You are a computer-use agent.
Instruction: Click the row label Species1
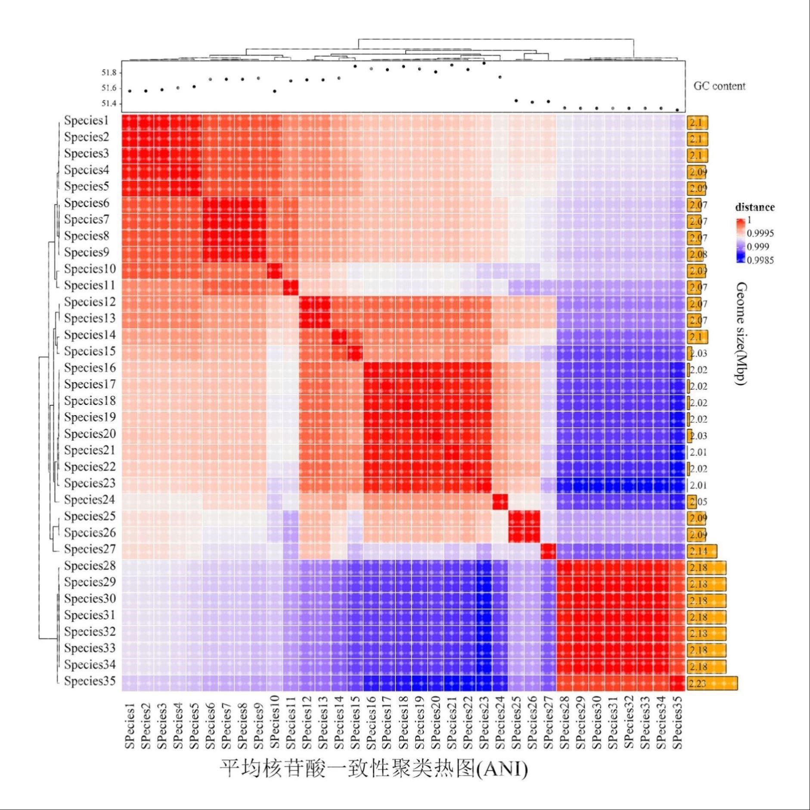(87, 121)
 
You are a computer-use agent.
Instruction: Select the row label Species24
(90, 500)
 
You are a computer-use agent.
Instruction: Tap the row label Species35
(90, 681)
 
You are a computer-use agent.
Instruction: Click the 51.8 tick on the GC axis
(109, 72)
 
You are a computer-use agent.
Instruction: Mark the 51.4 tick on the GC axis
(109, 103)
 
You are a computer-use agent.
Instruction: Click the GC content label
(719, 86)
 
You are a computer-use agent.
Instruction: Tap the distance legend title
(754, 207)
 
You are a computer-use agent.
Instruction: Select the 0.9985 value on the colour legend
(760, 260)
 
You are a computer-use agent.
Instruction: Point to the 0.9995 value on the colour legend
(760, 233)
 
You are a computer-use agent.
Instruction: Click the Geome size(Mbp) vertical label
(741, 334)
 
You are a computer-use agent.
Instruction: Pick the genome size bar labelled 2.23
(712, 683)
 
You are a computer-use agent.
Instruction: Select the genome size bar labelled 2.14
(702, 551)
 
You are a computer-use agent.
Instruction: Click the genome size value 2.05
(698, 502)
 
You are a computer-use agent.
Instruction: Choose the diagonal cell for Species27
(548, 551)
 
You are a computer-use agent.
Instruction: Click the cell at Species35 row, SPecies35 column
(677, 683)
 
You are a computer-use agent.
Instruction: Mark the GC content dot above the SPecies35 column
(677, 110)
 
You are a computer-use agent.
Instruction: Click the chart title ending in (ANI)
(374, 768)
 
